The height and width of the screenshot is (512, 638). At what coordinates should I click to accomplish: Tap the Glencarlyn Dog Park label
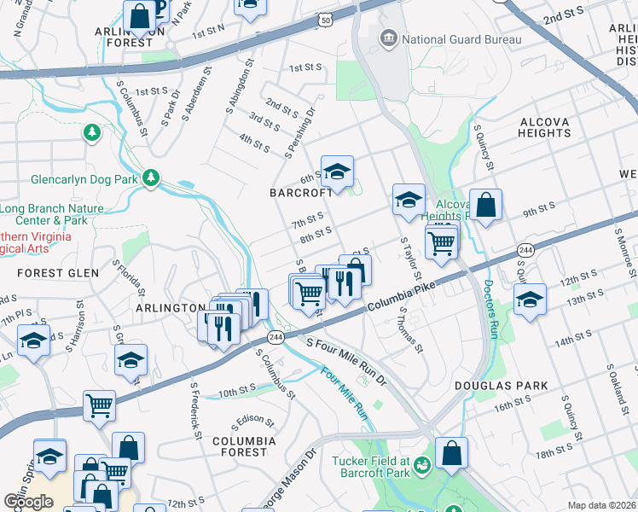(84, 180)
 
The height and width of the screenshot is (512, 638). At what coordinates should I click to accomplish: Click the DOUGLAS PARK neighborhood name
(512, 386)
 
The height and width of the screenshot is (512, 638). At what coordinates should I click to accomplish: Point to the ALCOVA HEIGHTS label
(544, 127)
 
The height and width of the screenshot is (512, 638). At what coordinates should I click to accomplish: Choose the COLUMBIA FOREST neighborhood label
(244, 445)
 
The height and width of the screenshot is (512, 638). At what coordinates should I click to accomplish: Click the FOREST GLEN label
(57, 273)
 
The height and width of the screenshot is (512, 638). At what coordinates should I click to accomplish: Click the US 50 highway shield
(327, 19)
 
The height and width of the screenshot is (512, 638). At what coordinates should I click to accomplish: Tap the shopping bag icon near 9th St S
(485, 206)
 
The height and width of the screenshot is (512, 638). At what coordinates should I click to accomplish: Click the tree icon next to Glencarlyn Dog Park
(151, 177)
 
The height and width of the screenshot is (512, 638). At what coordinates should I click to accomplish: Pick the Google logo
(28, 502)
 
